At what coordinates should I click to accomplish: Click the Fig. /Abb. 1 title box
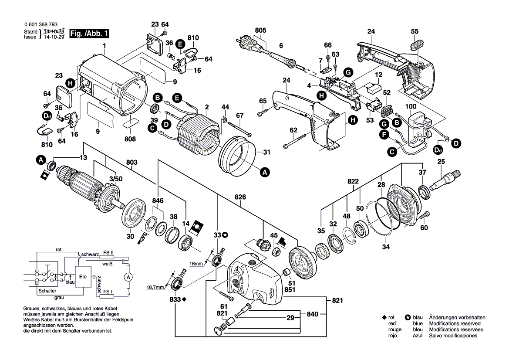tap(90, 33)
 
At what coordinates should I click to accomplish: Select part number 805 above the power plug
tap(260, 31)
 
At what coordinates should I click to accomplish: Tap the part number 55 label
tap(415, 31)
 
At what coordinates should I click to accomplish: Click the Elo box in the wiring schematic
tap(83, 277)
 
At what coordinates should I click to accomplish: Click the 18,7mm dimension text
tap(155, 287)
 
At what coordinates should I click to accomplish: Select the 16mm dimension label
tap(196, 264)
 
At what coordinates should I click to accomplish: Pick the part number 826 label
tap(240, 197)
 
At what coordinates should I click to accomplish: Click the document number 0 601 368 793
tap(40, 26)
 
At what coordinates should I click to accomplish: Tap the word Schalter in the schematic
tap(47, 291)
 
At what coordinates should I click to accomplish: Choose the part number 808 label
tap(130, 139)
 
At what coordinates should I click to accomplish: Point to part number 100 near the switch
tap(411, 106)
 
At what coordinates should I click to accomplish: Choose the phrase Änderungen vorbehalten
tap(457, 318)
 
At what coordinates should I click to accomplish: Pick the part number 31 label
tap(266, 152)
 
